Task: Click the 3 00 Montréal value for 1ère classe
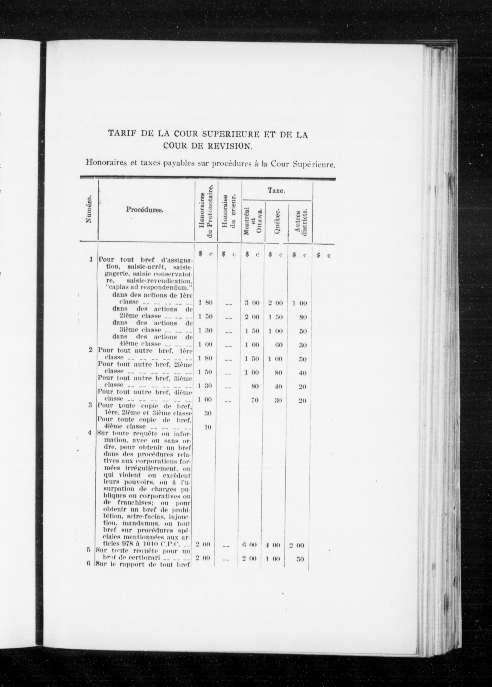252,303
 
